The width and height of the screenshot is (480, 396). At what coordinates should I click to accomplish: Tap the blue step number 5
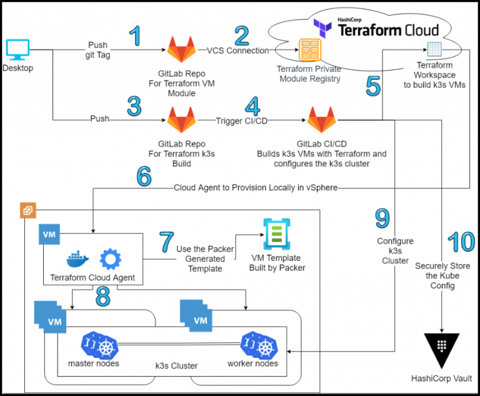point(372,85)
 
